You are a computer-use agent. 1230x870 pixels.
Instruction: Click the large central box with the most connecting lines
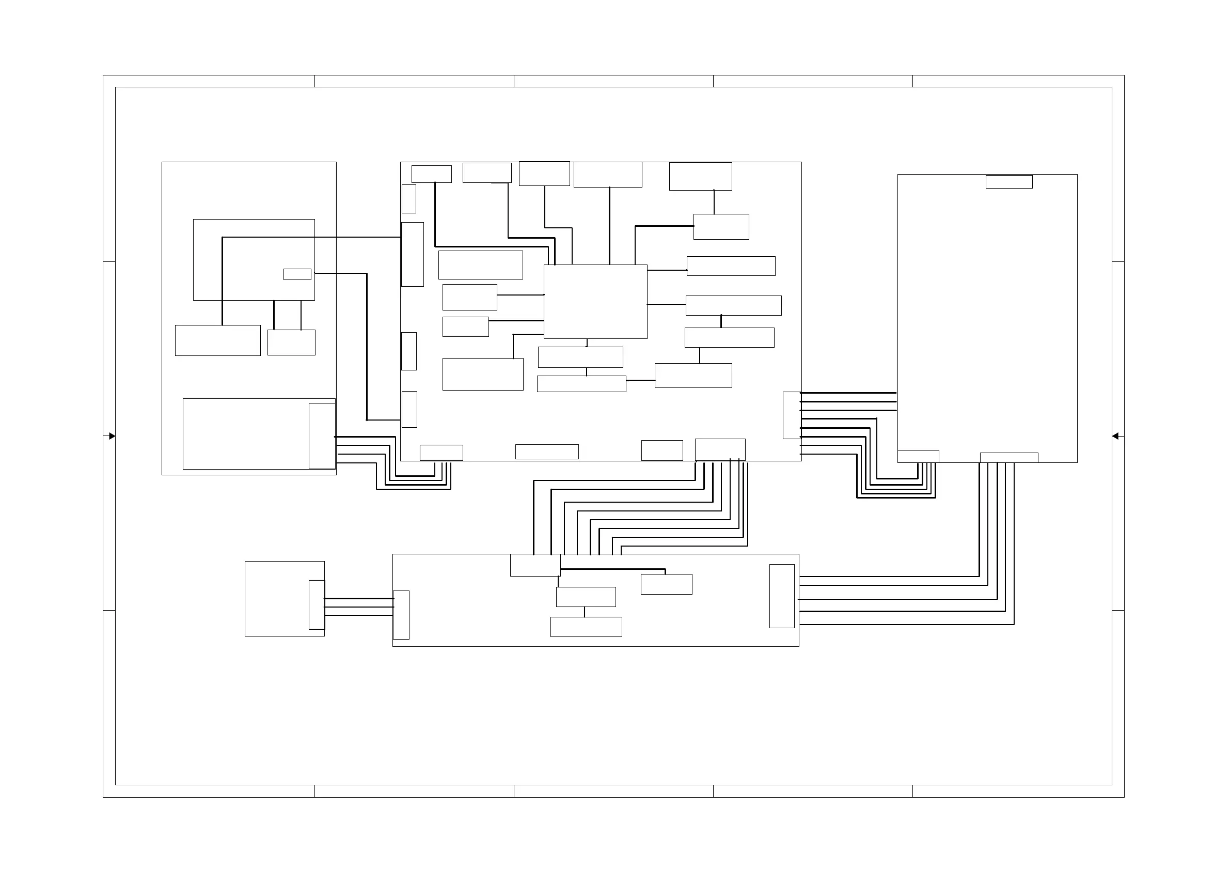coord(595,301)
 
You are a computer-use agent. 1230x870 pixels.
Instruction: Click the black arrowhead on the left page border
coord(112,437)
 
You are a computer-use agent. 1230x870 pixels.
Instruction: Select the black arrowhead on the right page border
coord(1115,437)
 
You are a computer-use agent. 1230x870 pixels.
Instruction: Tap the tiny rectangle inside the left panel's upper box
coord(297,274)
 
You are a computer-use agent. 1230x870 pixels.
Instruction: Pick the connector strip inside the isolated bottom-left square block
coord(317,604)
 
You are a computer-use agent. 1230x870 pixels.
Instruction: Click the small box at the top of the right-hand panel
coord(1009,182)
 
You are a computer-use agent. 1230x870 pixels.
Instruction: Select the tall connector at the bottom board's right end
coord(782,596)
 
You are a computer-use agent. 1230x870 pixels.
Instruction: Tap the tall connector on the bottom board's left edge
coord(401,615)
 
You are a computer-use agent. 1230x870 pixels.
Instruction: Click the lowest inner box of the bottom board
coord(586,627)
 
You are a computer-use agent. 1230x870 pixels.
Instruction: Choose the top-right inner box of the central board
coord(700,176)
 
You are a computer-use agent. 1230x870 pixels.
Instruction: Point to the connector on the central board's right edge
coord(791,415)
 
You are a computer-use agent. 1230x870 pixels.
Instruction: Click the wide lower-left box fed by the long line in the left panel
coord(217,340)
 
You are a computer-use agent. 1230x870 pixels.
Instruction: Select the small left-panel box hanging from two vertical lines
coord(291,342)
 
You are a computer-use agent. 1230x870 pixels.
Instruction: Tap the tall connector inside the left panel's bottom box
coord(322,436)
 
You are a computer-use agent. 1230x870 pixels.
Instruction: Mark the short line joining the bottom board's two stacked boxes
coord(585,612)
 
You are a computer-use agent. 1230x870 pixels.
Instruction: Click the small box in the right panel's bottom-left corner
coord(918,456)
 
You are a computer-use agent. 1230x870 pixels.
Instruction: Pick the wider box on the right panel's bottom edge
coord(1009,457)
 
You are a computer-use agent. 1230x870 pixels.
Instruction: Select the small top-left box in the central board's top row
coord(431,174)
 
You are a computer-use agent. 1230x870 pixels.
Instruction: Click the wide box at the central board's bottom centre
coord(546,452)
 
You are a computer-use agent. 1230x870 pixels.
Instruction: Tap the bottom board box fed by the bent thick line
coord(667,584)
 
